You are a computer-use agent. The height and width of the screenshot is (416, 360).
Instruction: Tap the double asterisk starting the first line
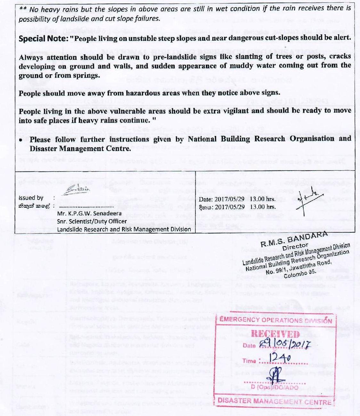(23, 9)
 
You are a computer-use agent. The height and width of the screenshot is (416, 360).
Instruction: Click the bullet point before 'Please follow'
(21, 140)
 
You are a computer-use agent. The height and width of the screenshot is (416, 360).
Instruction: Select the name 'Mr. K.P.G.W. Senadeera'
(89, 213)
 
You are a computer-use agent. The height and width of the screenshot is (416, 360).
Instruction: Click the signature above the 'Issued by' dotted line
(76, 190)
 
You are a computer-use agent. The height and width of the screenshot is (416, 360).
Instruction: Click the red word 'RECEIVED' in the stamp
(275, 334)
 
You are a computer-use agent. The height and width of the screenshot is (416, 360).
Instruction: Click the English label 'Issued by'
(31, 198)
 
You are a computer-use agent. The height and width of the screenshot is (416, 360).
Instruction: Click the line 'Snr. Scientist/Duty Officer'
(92, 221)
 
